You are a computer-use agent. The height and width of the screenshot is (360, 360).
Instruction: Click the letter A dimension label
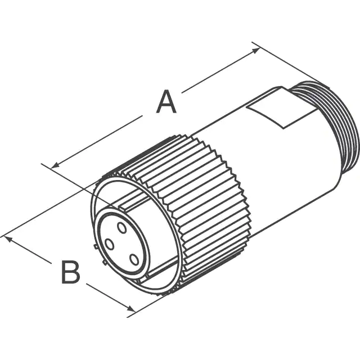(166, 102)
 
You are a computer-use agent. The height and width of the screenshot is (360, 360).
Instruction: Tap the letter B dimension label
(71, 272)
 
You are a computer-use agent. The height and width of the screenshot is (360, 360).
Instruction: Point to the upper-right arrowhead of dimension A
(256, 51)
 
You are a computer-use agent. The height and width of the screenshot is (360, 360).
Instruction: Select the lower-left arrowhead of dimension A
(55, 165)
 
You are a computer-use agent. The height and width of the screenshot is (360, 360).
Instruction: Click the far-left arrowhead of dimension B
(8, 239)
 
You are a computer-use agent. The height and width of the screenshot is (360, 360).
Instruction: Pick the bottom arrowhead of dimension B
(131, 308)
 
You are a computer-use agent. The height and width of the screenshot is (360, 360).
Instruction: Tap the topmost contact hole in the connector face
(121, 228)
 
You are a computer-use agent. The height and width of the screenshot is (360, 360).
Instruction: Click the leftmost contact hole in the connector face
(109, 244)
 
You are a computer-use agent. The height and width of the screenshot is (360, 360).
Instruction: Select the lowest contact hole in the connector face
(134, 260)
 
